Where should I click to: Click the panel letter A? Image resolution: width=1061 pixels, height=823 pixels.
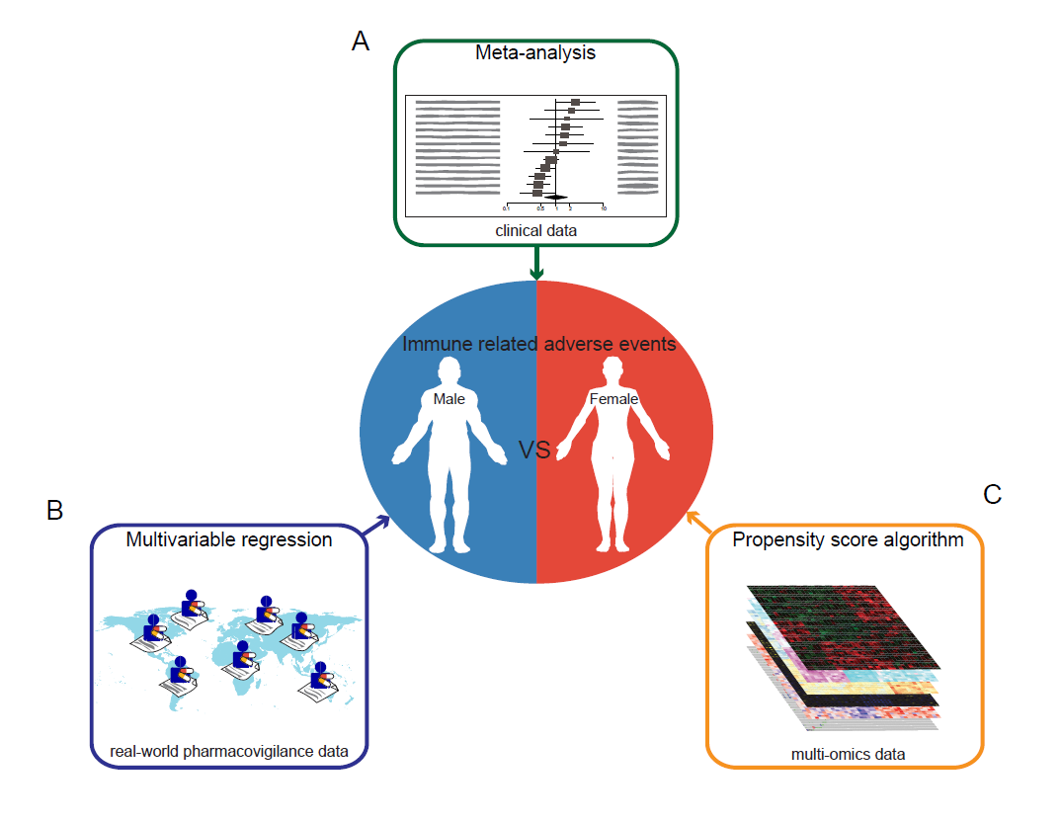[361, 41]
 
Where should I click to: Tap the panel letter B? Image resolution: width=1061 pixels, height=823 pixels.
[55, 510]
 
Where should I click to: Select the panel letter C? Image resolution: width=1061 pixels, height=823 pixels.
[993, 494]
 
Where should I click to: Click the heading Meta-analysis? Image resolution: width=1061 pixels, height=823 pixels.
[535, 53]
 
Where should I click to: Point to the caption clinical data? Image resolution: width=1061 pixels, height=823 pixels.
[536, 230]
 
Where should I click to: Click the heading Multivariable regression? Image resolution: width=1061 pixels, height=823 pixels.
[229, 540]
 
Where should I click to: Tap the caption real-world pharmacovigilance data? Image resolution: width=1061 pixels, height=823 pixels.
[229, 752]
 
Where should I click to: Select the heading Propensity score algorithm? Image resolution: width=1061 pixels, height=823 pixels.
[848, 540]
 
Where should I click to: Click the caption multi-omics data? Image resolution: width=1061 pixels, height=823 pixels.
[848, 755]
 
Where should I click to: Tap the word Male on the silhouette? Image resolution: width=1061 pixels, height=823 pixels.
[449, 399]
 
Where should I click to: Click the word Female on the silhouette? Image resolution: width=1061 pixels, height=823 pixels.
[613, 399]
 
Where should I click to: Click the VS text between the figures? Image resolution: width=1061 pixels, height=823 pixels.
[534, 451]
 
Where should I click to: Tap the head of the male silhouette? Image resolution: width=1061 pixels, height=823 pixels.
[449, 369]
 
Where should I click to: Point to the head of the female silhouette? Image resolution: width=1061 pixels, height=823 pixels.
[612, 369]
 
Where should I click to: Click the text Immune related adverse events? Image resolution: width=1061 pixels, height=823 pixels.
[538, 344]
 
